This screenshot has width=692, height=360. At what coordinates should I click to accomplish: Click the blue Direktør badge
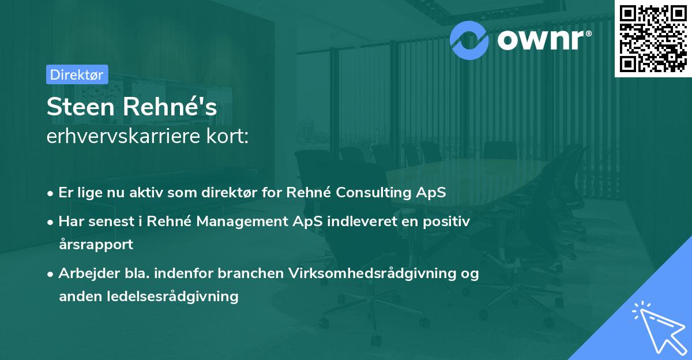pos(77,74)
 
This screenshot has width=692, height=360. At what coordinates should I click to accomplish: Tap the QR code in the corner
pos(653,39)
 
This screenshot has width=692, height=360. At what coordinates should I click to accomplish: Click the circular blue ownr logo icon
pos(469,40)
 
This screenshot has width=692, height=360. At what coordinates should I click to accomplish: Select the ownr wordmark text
pos(544,40)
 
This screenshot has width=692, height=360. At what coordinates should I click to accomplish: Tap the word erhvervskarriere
pos(123,136)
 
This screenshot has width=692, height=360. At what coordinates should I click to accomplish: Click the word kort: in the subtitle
pos(228,136)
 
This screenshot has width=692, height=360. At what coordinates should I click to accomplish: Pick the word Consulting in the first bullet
pos(373,193)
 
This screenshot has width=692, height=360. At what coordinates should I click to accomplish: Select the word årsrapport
pos(96,245)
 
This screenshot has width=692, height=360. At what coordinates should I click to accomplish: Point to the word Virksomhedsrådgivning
pos(373,273)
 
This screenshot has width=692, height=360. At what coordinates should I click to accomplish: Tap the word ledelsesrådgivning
pos(172,297)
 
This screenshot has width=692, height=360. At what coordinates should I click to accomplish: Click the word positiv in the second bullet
pos(446,222)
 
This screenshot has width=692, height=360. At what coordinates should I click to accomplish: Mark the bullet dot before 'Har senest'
pos(50,222)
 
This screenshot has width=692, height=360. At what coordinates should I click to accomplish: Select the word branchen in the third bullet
pos(250,273)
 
